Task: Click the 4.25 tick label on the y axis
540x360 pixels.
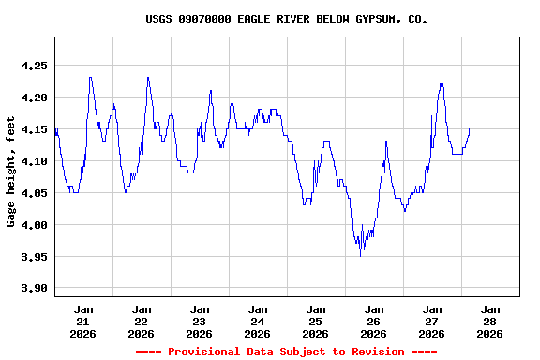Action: point(34,66)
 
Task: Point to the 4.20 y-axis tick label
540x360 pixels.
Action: point(34,97)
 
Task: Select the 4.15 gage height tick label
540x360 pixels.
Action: point(34,129)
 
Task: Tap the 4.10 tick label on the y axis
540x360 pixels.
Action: point(34,161)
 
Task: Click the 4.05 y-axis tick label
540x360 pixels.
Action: point(34,193)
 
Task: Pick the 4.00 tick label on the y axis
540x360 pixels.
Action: point(34,225)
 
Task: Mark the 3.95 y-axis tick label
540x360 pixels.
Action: point(34,257)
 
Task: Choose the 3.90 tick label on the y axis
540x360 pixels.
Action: point(34,289)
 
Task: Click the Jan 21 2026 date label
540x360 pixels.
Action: point(83,321)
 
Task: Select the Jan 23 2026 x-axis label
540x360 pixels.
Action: point(200,321)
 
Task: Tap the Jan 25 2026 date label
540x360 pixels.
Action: point(316,321)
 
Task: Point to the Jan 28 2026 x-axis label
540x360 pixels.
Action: point(489,321)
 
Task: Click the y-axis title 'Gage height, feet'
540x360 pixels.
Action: point(11,171)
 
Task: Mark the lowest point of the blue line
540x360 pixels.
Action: point(361,256)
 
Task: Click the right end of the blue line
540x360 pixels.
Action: point(470,129)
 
